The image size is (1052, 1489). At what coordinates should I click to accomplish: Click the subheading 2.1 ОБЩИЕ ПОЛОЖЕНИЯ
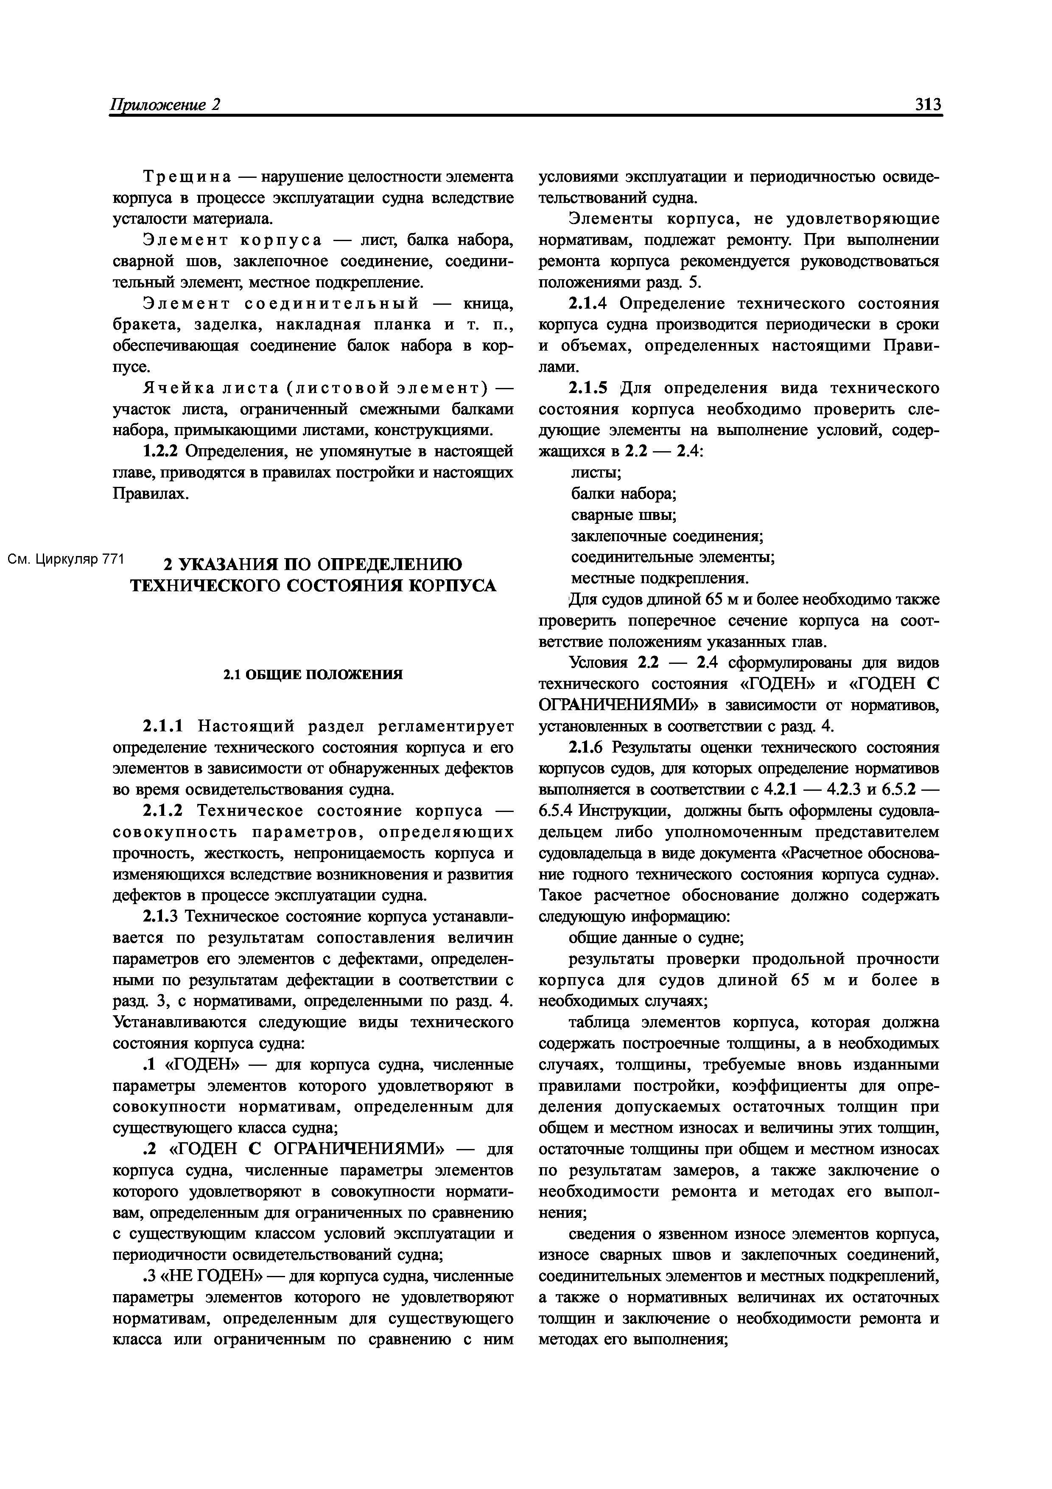[x=313, y=674]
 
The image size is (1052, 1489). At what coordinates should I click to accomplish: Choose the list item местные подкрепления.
[x=659, y=578]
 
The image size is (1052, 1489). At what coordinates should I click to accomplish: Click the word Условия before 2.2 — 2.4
[x=598, y=663]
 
